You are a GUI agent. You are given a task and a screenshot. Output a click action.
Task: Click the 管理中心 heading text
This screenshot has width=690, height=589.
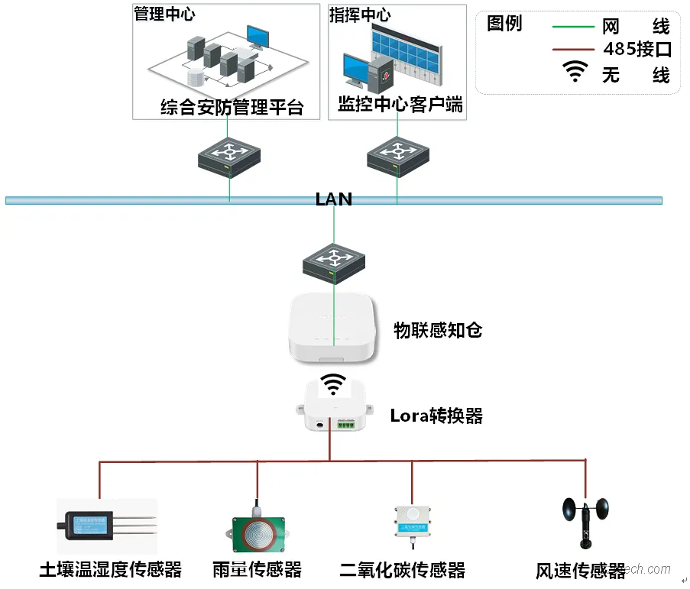(x=164, y=15)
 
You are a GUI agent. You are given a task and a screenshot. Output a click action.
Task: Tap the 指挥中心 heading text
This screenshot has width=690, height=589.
(x=359, y=15)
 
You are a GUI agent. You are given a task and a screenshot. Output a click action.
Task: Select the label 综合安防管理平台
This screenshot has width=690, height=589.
(x=232, y=107)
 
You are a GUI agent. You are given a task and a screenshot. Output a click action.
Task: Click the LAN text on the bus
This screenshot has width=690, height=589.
(x=334, y=199)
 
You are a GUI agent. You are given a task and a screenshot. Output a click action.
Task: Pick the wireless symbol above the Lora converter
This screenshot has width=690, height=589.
(x=332, y=383)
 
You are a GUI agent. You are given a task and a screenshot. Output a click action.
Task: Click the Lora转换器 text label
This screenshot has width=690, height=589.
(x=436, y=416)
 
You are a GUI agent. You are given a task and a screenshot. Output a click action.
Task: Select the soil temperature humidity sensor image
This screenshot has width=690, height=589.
(x=106, y=526)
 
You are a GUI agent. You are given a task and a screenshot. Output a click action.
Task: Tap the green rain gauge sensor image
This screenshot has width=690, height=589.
(x=258, y=532)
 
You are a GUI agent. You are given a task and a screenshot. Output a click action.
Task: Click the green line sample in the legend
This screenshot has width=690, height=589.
(x=573, y=27)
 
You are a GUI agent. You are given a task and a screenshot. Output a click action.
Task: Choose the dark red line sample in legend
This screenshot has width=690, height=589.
(x=573, y=50)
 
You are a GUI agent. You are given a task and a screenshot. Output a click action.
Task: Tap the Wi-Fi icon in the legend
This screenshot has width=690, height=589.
(x=575, y=73)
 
